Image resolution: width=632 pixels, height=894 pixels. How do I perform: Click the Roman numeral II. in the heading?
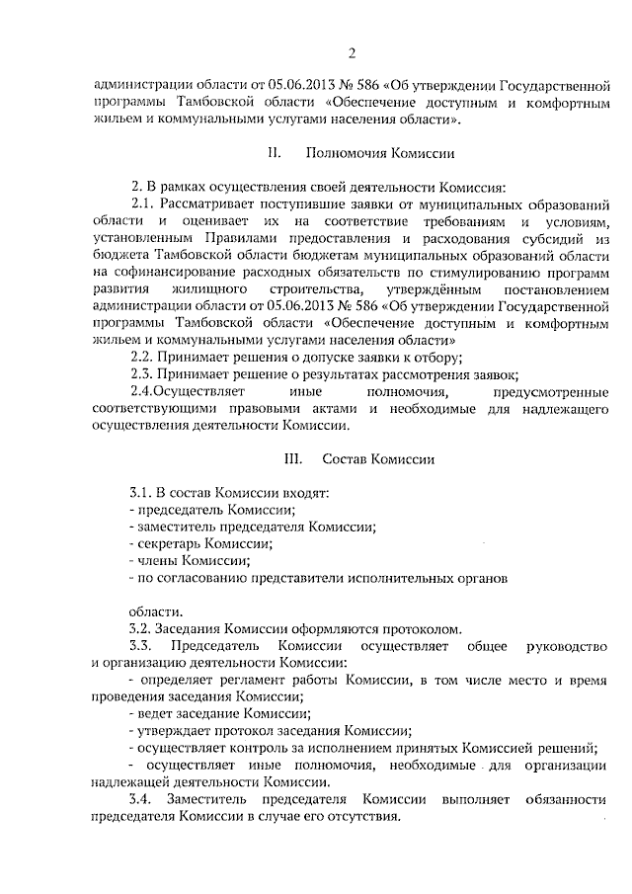click(274, 153)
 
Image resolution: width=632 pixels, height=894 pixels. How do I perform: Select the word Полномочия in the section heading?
click(343, 153)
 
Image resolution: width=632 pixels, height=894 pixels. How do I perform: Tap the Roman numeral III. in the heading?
click(292, 459)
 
